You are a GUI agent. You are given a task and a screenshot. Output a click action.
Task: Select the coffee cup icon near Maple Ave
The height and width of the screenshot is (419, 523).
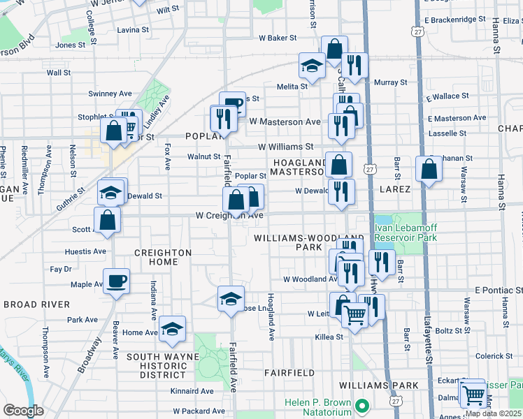tap(117, 281)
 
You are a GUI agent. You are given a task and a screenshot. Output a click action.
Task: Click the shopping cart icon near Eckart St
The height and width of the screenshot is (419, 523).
tap(473, 395)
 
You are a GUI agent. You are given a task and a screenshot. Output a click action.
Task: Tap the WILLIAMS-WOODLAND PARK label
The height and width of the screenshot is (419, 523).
tap(299, 242)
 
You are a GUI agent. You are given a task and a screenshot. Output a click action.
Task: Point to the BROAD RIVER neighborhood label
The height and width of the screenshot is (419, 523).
tap(36, 304)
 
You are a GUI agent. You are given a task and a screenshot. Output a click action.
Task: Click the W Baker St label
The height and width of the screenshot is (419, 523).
tap(278, 38)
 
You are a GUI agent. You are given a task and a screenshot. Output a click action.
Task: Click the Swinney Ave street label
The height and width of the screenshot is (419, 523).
tap(110, 94)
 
